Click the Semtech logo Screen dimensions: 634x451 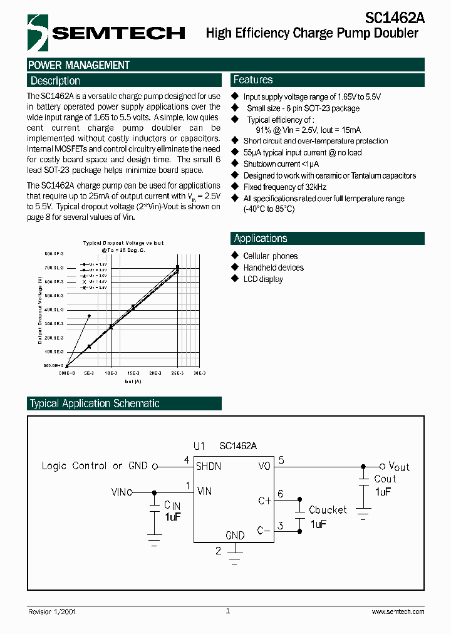coord(106,32)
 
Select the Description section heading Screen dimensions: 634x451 coord(56,81)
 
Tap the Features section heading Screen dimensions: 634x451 coord(253,80)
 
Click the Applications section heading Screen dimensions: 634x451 coord(261,238)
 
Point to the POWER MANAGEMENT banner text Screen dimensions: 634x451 coord(79,65)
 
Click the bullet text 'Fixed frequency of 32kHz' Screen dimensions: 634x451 coord(285,187)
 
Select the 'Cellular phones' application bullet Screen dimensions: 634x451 coord(270,256)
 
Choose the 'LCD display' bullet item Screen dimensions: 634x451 coord(262,279)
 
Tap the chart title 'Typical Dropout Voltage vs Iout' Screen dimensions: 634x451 coord(123,243)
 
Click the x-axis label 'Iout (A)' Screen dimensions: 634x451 coord(132,380)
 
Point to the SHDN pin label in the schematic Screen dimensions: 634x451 coord(209,466)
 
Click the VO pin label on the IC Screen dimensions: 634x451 coord(264,466)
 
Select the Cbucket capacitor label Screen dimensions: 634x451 coord(328,510)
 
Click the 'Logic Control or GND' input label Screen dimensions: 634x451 coord(95,465)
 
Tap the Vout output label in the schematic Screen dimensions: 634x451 coord(399,466)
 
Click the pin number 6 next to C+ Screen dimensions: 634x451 coord(280,494)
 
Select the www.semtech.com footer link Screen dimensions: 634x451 coord(398,611)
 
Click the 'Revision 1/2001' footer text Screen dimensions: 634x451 coord(53,611)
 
